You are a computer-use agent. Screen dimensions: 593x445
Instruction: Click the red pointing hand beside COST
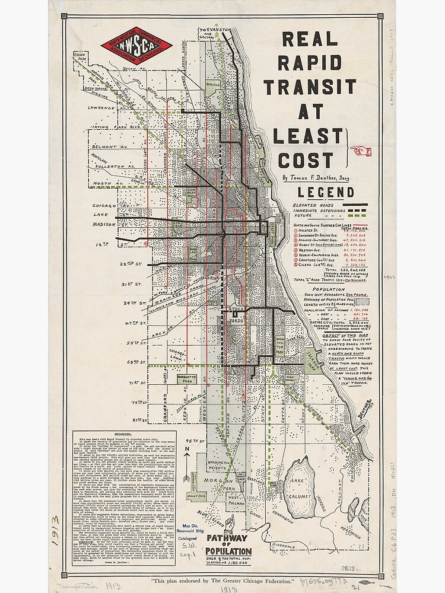click(360, 152)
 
